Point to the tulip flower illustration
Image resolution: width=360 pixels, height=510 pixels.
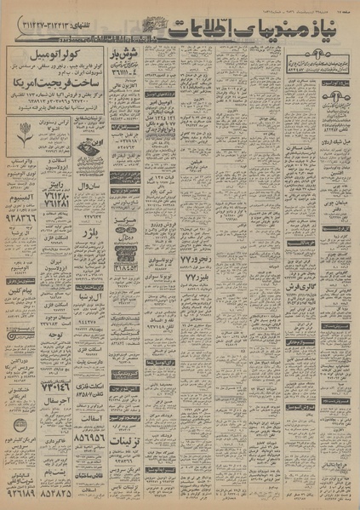point(20,129)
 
